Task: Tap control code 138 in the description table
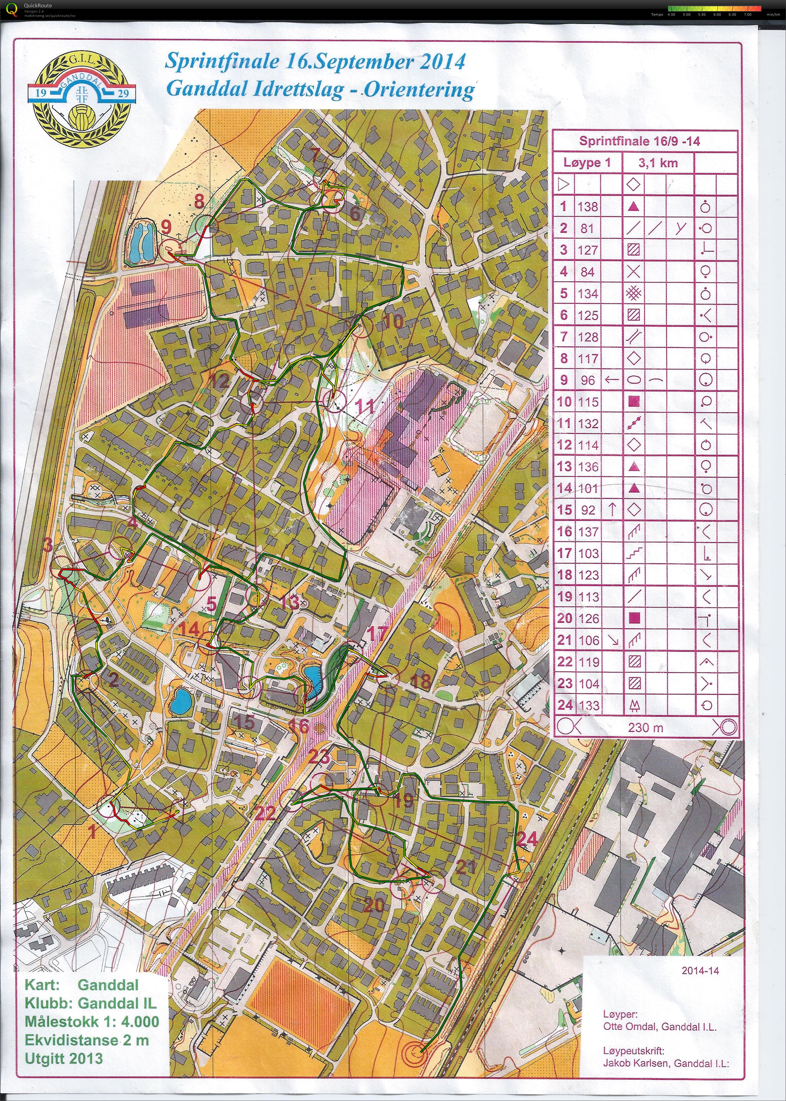(588, 207)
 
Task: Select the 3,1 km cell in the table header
(658, 163)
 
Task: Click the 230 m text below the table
(646, 727)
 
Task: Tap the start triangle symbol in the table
(564, 185)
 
